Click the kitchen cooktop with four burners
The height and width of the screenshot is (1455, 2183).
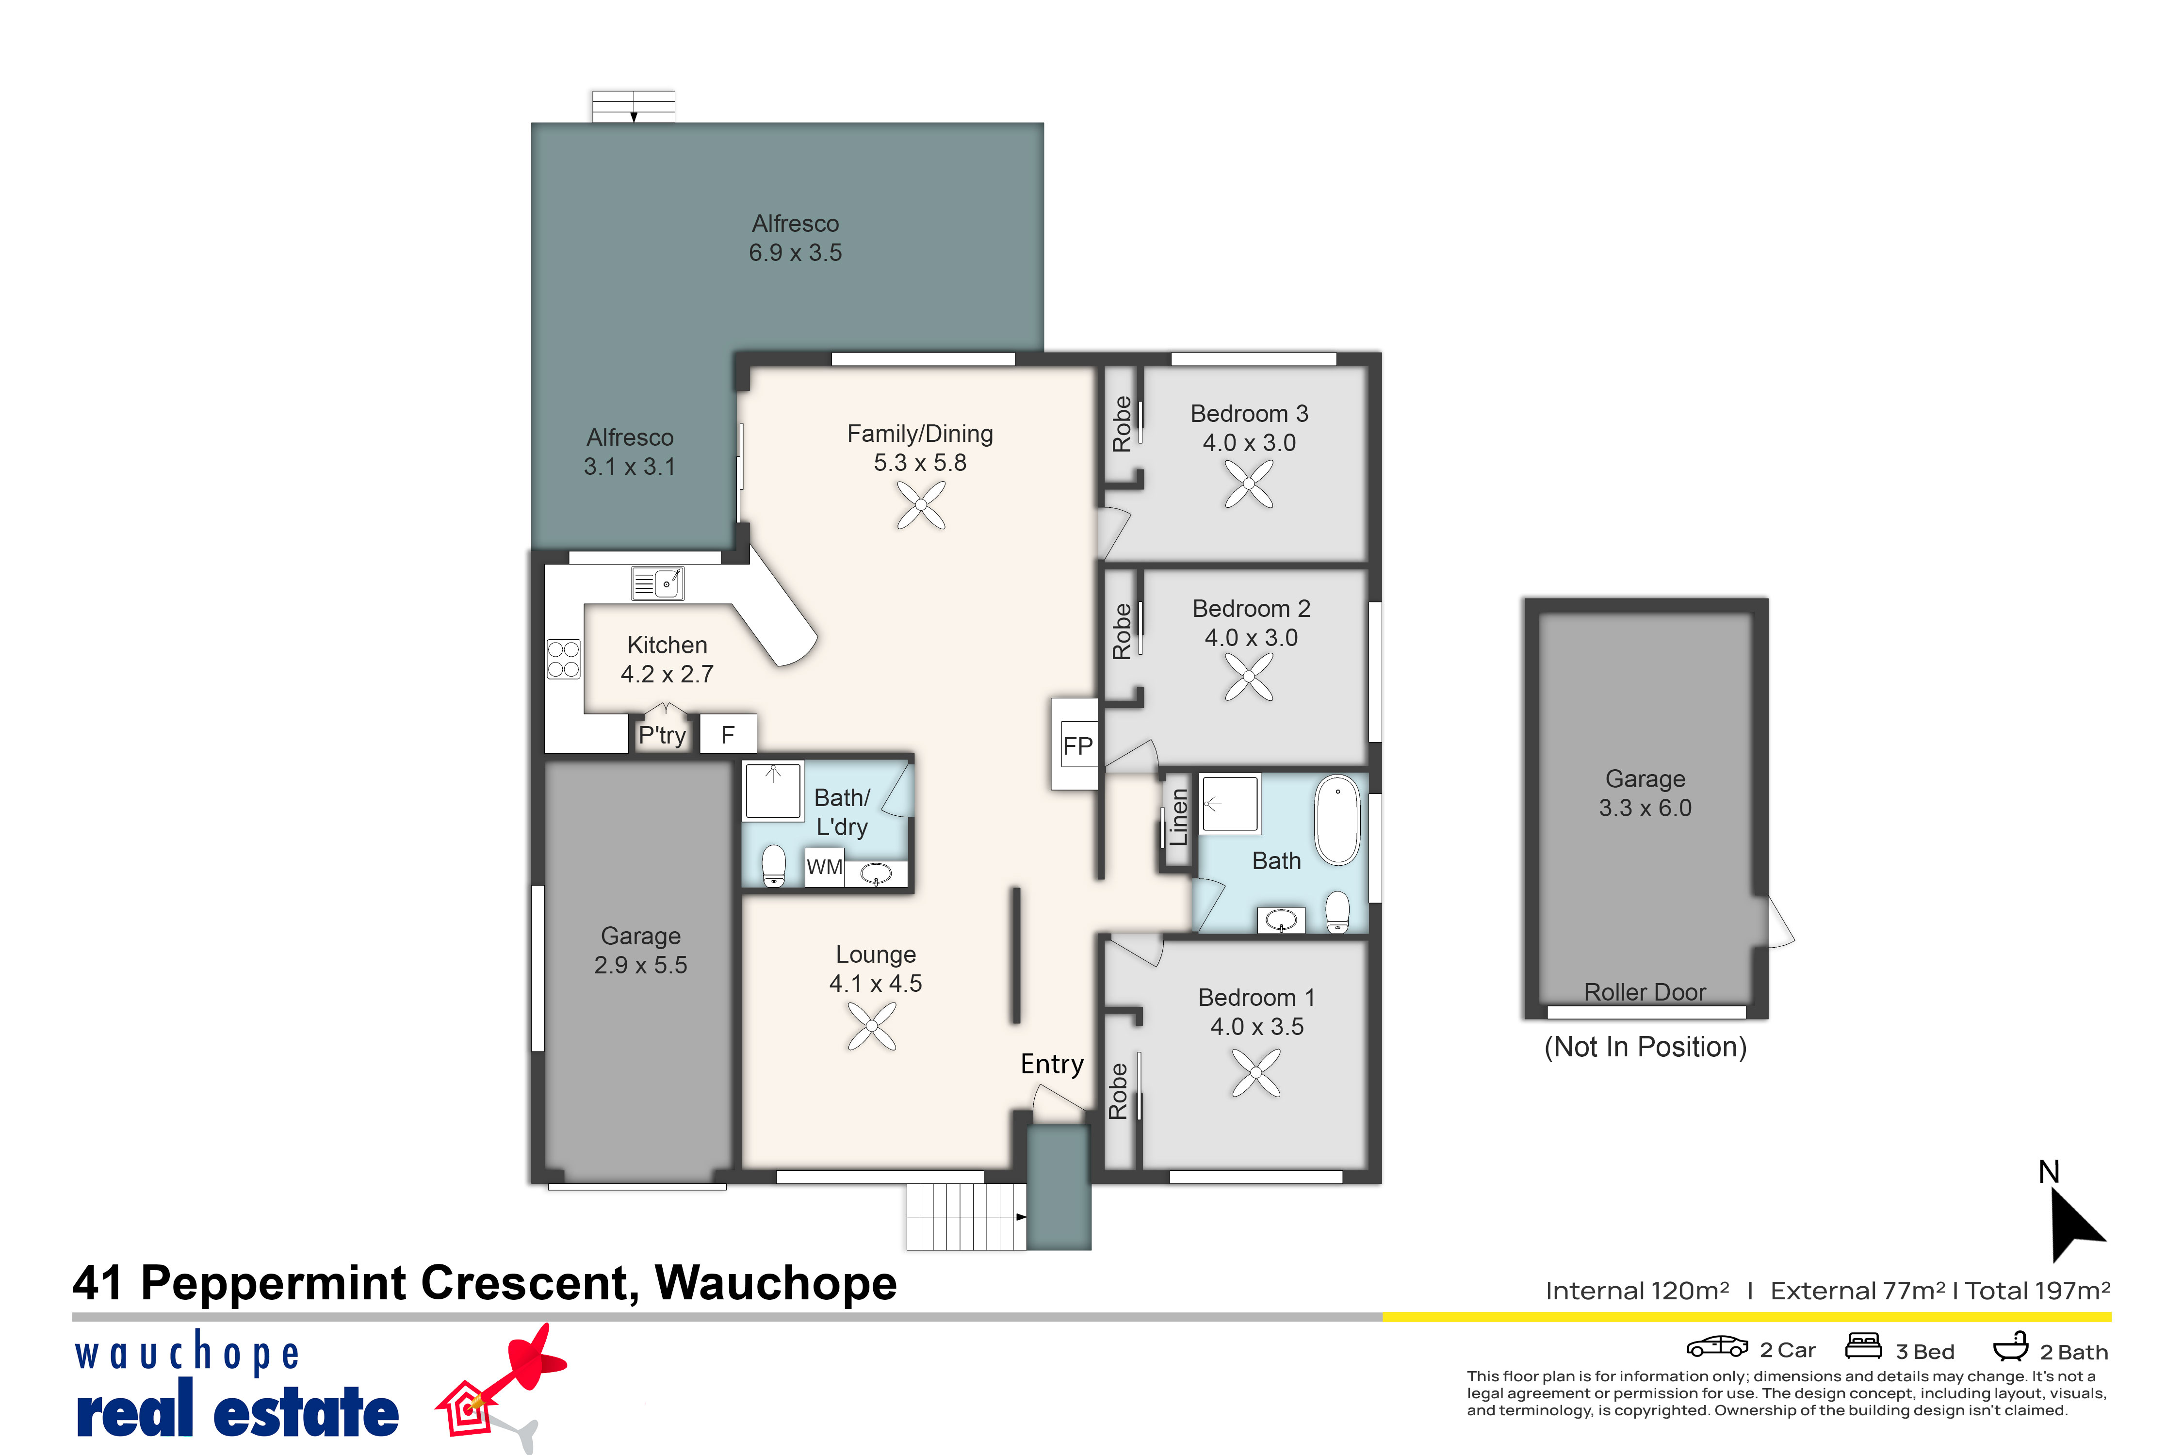pos(563,659)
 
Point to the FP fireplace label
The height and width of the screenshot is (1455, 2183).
pos(1077,746)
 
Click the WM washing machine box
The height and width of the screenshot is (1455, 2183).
pos(824,868)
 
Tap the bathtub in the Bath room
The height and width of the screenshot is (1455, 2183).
pos(1337,820)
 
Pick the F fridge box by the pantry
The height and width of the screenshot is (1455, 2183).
pos(728,734)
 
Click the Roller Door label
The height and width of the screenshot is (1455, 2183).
pos(1645,992)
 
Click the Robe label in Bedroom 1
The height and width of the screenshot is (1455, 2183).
pos(1118,1091)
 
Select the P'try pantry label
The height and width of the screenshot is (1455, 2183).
pos(662,736)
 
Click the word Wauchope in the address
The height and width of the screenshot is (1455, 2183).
pos(776,1283)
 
